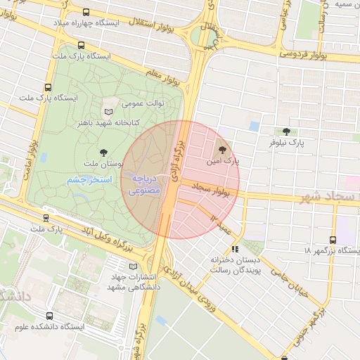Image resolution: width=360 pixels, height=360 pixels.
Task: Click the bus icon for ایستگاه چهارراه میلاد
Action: tap(86, 13)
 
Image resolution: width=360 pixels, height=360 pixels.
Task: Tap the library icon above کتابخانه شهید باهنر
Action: tap(108, 112)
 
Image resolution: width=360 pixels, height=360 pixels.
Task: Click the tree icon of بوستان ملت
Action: tap(104, 151)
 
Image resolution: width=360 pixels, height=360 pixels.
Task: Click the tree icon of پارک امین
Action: tap(224, 149)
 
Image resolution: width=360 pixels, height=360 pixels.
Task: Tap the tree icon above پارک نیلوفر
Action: tap(285, 131)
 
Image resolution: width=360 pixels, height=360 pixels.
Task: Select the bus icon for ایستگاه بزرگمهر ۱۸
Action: tap(333, 240)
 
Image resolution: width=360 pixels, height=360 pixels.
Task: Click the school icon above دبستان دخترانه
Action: tap(234, 249)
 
